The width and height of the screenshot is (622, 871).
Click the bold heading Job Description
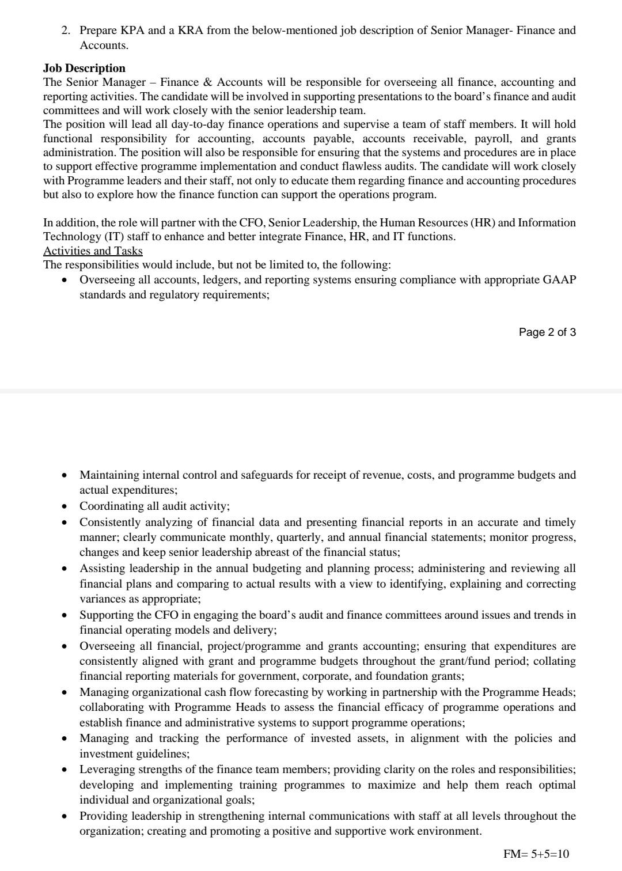84,68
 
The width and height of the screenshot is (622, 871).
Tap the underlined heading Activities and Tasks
93,251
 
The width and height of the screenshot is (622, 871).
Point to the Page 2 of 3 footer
547,332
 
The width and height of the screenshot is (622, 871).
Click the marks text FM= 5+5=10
536,854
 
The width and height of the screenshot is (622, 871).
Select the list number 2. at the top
66,30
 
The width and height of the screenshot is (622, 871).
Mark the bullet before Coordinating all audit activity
65,506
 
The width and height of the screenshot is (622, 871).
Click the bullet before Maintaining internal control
65,475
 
